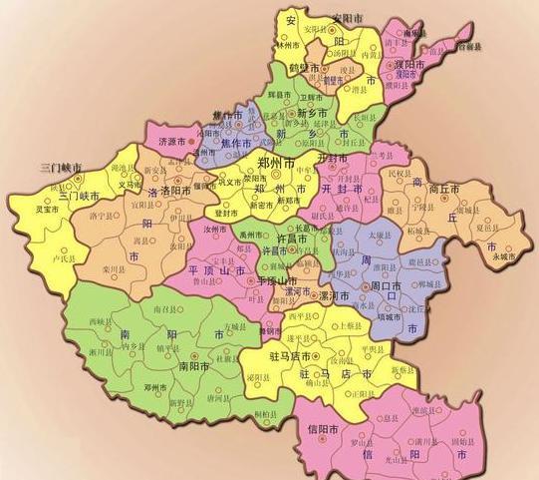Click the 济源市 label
(x=174, y=143)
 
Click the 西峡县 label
(x=96, y=321)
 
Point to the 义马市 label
(x=130, y=185)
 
